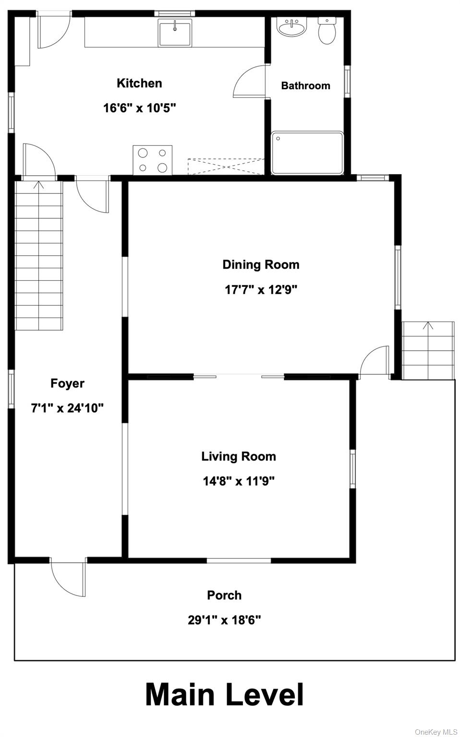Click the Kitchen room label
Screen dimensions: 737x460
[139, 83]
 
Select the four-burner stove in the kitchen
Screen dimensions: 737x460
[152, 160]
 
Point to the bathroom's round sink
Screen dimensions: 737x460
[291, 28]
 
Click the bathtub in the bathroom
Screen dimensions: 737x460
[307, 153]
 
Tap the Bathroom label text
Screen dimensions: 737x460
[305, 86]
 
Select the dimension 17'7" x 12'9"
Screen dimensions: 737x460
[261, 290]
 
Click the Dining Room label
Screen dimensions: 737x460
[261, 265]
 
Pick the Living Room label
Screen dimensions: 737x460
[239, 456]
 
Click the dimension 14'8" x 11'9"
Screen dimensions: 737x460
[239, 481]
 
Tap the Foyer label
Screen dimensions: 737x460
[67, 383]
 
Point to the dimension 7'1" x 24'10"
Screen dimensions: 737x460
[67, 408]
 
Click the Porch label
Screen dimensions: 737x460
[224, 595]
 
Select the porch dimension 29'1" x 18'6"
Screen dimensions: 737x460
[224, 620]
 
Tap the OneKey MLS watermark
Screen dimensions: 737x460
[436, 732]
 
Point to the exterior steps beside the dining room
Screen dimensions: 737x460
[428, 350]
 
